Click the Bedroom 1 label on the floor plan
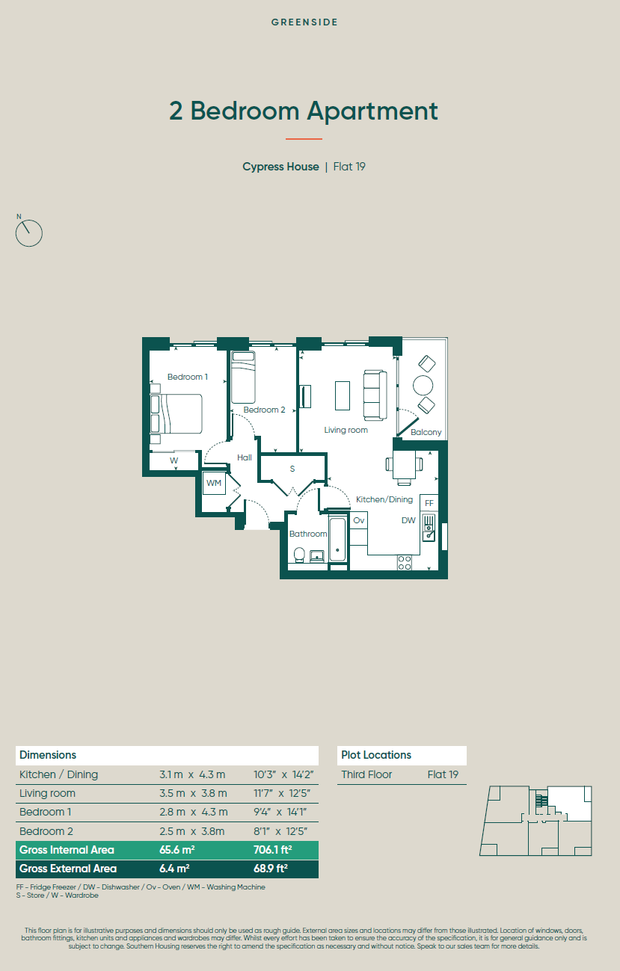point(188,377)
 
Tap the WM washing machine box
point(214,483)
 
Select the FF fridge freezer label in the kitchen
point(429,503)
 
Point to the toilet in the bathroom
point(299,555)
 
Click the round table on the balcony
point(423,385)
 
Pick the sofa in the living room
point(375,395)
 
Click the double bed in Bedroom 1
point(176,413)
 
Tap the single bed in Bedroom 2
point(243,377)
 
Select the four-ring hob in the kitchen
point(405,563)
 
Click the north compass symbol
point(28,232)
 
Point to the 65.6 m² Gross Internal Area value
point(177,850)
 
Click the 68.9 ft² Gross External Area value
point(271,869)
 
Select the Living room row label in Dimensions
point(47,793)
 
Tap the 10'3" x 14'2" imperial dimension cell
point(283,774)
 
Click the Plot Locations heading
point(376,755)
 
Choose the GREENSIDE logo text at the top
point(304,22)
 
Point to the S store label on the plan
point(292,469)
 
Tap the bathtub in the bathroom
point(338,539)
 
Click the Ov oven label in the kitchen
point(358,520)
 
